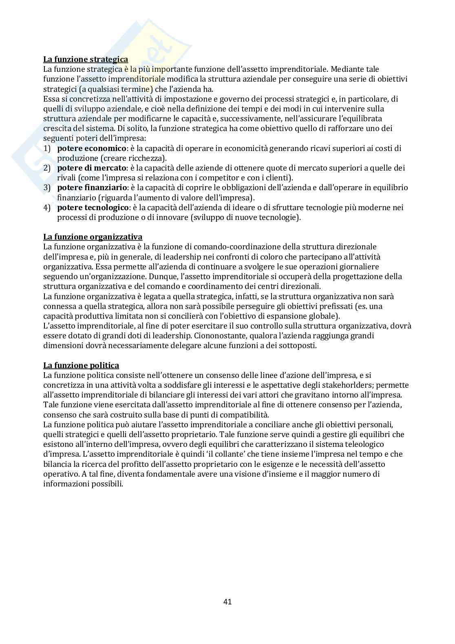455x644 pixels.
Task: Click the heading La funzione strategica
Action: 85,59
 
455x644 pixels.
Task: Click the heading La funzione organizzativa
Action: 93,237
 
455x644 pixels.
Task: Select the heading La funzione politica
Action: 81,365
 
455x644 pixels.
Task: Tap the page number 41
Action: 227,601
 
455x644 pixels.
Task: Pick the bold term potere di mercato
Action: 92,168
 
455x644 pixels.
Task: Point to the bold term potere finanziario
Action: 93,188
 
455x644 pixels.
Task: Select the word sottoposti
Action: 296,345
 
